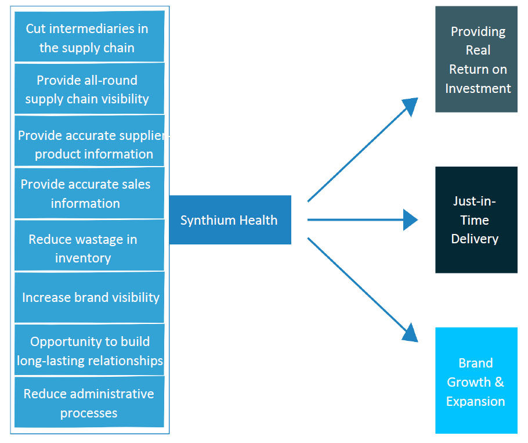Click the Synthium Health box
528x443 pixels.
coord(230,220)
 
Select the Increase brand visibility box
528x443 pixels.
coord(89,297)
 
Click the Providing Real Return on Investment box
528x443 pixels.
coord(476,59)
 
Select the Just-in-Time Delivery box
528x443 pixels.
coord(476,220)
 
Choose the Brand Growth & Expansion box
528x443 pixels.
coord(476,381)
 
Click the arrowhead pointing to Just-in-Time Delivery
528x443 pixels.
coord(411,220)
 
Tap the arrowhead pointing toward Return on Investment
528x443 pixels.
coord(410,106)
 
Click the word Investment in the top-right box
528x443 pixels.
coord(478,88)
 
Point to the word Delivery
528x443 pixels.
coord(475,239)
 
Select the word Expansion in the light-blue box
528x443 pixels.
coord(475,401)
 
